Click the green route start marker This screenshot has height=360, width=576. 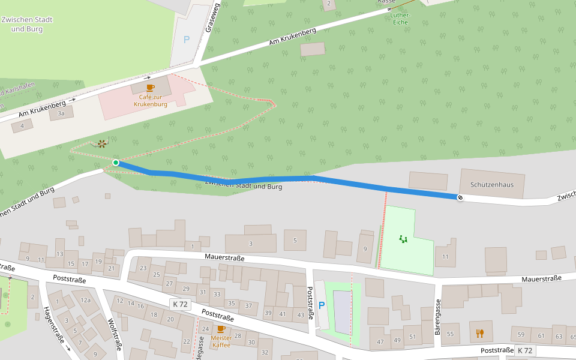coord(115,163)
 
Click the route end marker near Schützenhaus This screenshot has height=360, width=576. coord(460,197)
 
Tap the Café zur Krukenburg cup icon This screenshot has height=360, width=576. coord(150,88)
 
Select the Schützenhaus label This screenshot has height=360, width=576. coord(492,185)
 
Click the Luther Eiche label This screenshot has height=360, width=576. coord(399,19)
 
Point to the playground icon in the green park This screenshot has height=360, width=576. coord(403,239)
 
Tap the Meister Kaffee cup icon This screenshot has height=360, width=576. coord(221,329)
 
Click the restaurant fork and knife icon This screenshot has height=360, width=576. coord(479,333)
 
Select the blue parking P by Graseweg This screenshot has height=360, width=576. coord(186,40)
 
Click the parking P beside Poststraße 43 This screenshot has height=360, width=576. coord(322,305)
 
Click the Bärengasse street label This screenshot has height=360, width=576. coord(438,317)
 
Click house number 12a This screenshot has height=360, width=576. coord(86,300)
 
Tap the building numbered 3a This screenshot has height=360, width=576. coord(61,113)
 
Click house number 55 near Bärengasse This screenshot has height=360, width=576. coord(450,334)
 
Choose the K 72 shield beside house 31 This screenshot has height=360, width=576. coord(180,304)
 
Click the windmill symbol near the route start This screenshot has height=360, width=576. coord(102,144)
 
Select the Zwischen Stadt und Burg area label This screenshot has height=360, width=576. coord(27,24)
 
